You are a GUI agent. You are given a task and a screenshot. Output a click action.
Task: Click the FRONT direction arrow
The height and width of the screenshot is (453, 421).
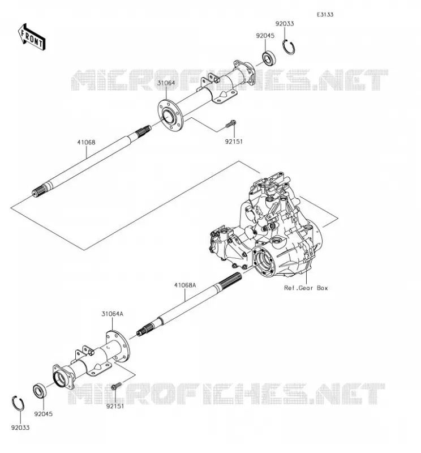point(32,37)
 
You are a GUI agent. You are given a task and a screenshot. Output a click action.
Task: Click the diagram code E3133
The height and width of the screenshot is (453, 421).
point(325,15)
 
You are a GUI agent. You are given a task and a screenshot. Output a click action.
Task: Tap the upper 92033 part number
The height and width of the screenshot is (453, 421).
point(285,24)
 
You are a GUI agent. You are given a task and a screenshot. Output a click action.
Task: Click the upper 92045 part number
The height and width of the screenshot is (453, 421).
point(265,36)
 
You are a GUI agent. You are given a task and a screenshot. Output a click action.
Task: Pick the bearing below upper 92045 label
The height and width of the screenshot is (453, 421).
point(269,58)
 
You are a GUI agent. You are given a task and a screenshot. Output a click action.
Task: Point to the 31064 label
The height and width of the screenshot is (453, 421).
point(166,83)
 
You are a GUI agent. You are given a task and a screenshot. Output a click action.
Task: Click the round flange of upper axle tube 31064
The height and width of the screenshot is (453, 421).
point(169,116)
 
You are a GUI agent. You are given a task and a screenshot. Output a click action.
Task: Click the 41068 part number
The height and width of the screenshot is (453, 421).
point(86,143)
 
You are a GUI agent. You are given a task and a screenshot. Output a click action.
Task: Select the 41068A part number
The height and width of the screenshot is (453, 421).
point(185,285)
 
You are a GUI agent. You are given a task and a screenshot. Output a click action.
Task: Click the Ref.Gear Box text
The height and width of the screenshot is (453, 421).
point(306,288)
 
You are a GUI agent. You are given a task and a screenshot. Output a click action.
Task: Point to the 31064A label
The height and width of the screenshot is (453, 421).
point(113,314)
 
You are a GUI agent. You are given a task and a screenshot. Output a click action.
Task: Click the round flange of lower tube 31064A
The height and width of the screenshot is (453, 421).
point(118,346)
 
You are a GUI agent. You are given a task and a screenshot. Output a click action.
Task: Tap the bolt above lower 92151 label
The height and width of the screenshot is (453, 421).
point(117,386)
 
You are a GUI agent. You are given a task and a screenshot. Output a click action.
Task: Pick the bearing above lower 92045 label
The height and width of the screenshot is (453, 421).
point(40,391)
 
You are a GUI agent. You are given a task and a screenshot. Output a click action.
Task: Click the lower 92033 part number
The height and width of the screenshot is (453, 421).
point(20,428)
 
